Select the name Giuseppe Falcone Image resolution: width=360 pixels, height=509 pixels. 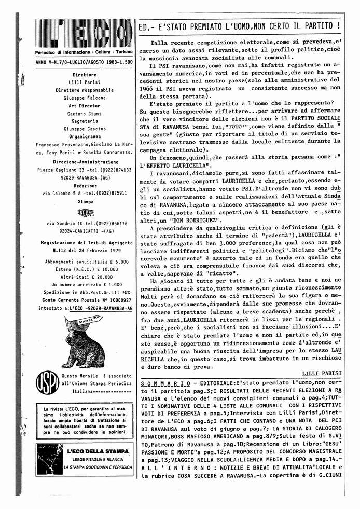(84, 98)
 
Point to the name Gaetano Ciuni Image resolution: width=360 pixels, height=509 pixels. (84, 113)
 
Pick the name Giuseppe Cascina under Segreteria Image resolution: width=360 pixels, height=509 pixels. (84, 129)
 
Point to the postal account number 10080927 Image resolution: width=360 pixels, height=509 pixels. (116, 300)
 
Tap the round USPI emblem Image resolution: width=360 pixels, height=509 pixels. (47, 383)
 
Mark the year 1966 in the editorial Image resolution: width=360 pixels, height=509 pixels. (157, 80)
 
